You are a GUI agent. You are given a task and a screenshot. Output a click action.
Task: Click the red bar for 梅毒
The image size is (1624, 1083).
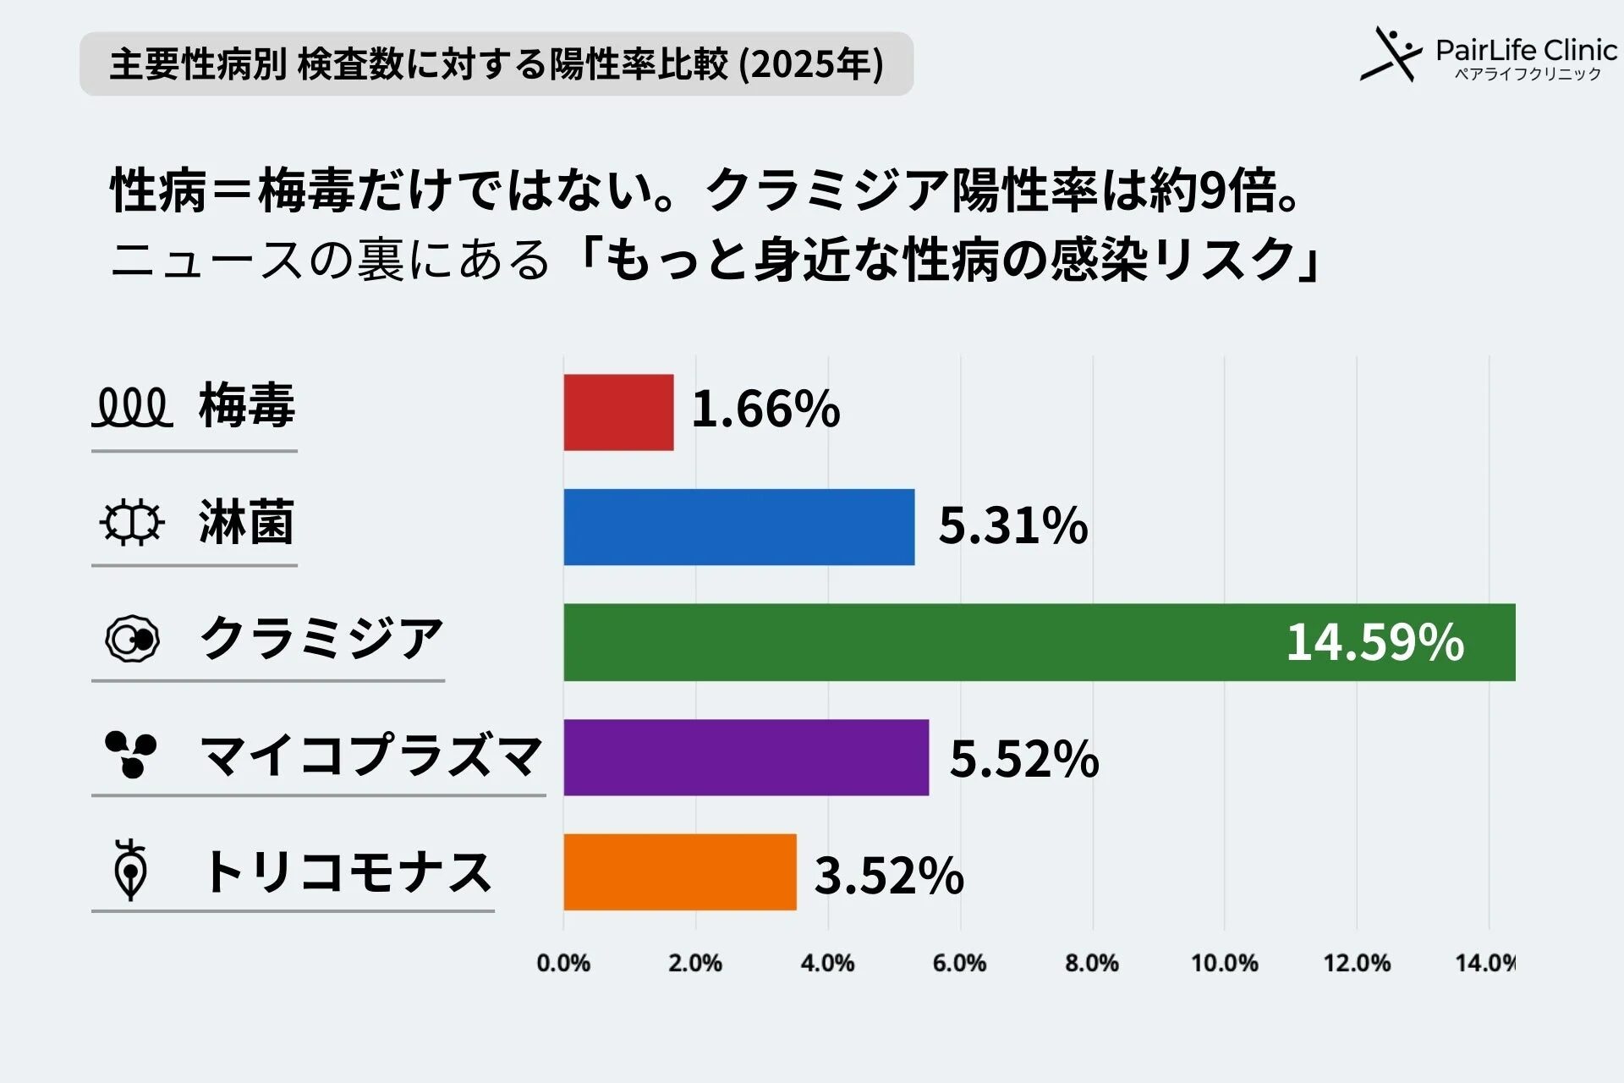tap(618, 412)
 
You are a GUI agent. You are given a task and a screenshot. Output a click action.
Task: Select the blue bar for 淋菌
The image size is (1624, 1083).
tap(738, 526)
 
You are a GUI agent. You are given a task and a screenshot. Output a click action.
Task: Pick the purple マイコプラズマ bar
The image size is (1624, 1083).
tap(746, 757)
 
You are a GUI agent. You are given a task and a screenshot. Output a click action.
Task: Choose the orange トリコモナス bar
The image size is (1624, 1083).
tap(680, 872)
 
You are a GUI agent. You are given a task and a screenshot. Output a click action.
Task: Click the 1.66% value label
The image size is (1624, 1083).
tap(765, 410)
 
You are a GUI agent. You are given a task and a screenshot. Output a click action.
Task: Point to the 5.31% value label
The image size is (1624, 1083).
tap(1012, 525)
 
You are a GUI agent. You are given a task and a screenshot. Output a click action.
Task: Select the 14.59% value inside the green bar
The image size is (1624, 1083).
tap(1374, 642)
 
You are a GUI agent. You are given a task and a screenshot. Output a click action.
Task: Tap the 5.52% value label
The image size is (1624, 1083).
tap(1023, 758)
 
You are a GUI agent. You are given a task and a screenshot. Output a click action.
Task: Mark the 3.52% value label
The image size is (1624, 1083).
tap(888, 875)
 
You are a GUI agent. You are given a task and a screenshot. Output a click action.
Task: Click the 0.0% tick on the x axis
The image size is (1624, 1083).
tap(563, 963)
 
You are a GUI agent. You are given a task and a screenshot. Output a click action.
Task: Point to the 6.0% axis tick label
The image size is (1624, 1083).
tap(959, 963)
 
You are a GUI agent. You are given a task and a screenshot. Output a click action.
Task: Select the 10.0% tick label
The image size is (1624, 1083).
tap(1224, 963)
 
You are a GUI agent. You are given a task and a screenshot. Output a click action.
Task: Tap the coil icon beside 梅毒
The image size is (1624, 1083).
tap(132, 408)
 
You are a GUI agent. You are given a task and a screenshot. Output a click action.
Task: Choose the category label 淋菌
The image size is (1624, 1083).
tap(246, 522)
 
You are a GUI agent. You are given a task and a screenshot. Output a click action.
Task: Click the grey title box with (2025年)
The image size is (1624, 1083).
tap(497, 64)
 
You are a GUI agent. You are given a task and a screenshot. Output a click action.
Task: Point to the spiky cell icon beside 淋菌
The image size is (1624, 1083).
tap(132, 523)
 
